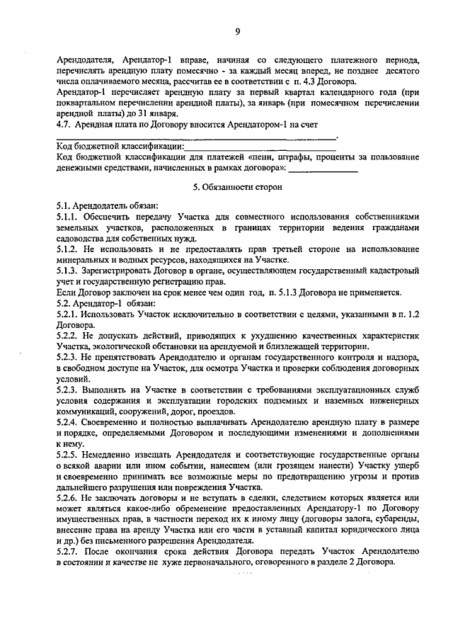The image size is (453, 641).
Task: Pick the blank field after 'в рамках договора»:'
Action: click(x=323, y=169)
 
